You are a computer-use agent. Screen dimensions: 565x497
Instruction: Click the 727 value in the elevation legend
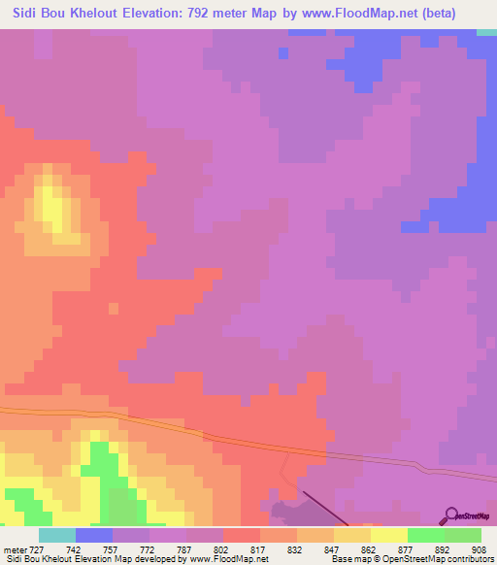point(31,548)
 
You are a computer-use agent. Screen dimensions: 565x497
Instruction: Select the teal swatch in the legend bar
point(57,535)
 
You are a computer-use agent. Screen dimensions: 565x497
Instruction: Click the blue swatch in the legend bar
point(94,535)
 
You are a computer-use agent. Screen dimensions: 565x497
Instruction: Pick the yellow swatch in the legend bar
point(389,535)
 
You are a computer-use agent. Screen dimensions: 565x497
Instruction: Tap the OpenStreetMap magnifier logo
point(451,515)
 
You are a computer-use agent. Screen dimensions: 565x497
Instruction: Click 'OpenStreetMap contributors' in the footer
point(442,559)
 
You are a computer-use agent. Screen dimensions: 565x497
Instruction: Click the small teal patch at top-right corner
point(486,33)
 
